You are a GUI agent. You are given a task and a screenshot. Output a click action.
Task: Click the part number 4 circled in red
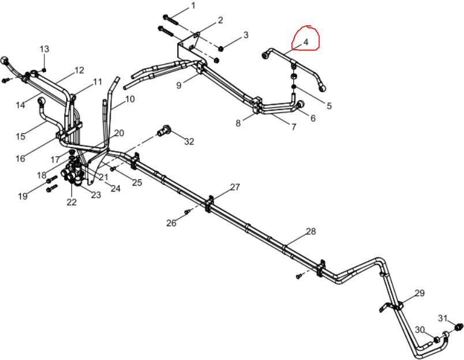click(x=306, y=42)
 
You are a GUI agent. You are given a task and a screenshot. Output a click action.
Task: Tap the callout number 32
click(x=189, y=142)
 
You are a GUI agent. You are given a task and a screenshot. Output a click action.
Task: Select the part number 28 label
click(x=311, y=231)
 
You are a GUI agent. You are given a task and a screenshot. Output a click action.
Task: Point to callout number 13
click(x=44, y=49)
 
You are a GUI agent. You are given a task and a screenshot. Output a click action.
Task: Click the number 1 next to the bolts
click(x=193, y=6)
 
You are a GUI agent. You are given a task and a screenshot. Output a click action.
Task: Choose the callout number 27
click(x=235, y=187)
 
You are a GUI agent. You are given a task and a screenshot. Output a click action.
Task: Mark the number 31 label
click(x=443, y=318)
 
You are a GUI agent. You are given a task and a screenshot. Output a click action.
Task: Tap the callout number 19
click(x=23, y=196)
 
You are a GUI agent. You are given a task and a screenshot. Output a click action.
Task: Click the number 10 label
click(x=130, y=99)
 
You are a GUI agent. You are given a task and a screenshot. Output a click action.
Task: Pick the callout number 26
click(x=171, y=223)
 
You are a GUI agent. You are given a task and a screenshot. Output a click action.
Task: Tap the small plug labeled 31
click(x=459, y=327)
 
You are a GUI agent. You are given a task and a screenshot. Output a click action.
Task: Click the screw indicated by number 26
click(x=187, y=212)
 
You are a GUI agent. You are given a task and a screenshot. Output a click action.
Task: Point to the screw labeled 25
click(x=113, y=169)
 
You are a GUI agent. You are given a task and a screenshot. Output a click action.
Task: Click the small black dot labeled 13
click(x=44, y=70)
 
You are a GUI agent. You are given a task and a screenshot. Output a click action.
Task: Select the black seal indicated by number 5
click(x=294, y=87)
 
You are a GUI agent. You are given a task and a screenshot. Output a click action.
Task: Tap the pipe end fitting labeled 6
click(x=300, y=104)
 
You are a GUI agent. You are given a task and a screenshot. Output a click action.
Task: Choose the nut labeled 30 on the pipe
click(x=436, y=339)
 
